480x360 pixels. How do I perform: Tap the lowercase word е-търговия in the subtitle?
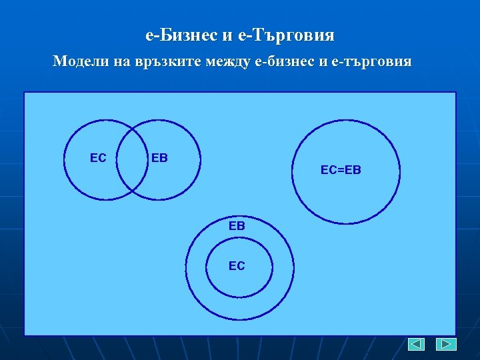coord(375,62)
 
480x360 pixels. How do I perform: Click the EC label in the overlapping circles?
coord(98,158)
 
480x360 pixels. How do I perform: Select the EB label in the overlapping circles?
coord(159,158)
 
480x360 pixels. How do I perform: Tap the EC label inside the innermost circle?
coord(237,266)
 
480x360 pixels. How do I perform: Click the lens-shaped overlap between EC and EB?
coord(132,160)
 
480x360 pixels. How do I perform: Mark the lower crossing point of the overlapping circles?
coord(132,192)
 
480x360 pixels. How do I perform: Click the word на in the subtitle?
coord(117,62)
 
